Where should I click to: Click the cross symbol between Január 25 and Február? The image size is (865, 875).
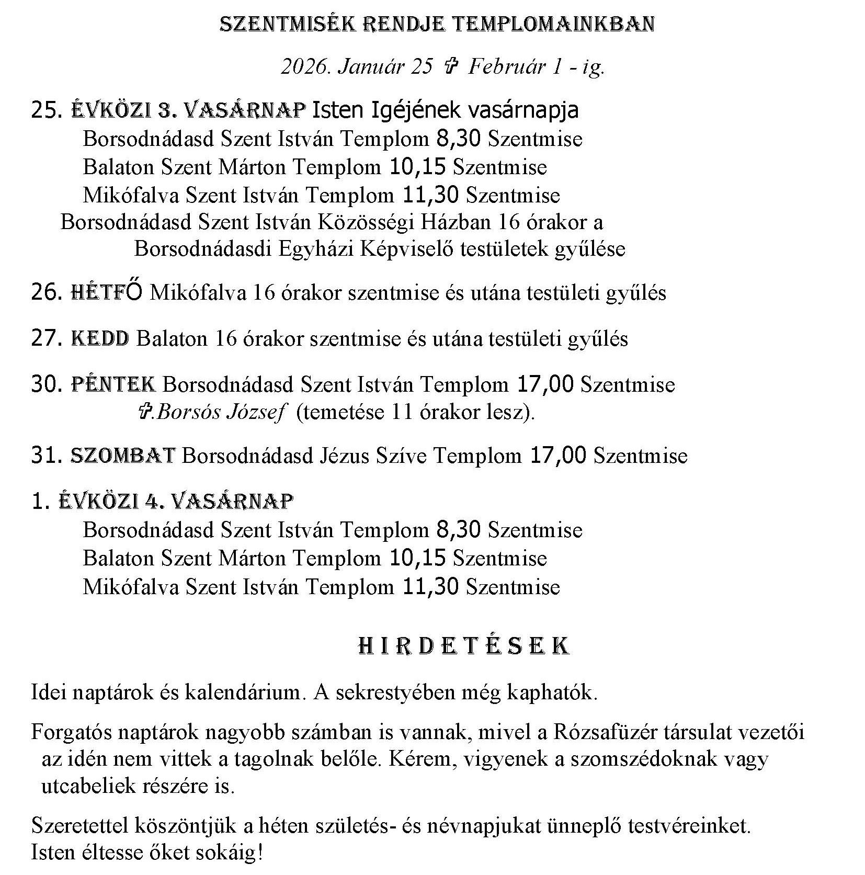point(450,67)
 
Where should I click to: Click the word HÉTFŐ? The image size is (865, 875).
point(106,292)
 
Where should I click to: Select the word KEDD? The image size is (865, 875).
point(100,338)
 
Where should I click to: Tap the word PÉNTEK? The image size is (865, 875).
point(113,384)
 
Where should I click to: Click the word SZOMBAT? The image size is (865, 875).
point(122,456)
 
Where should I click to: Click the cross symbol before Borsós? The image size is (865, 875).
point(144,413)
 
